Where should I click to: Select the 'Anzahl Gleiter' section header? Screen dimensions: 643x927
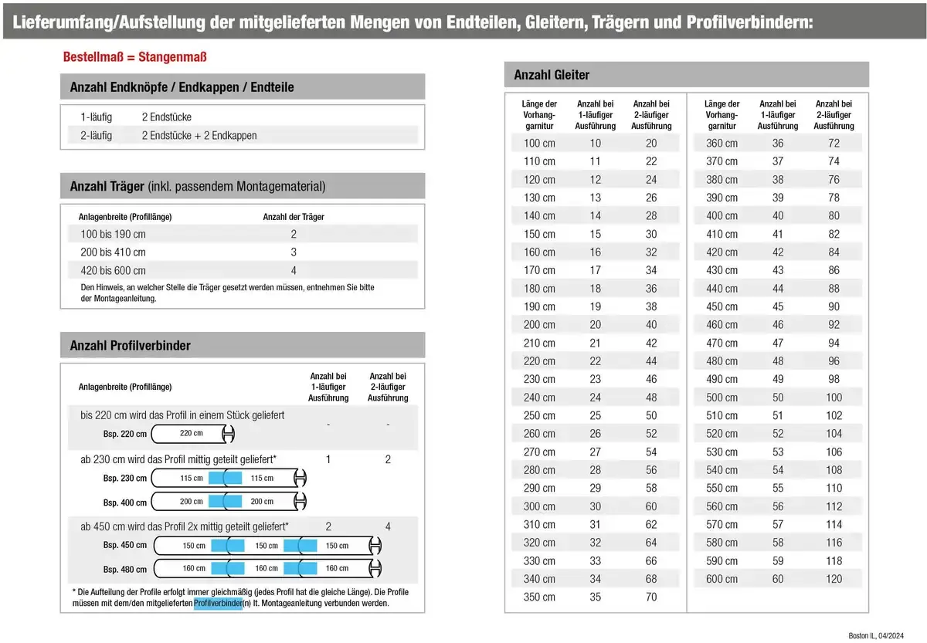pos(552,75)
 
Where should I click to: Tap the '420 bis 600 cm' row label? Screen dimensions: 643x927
pos(113,270)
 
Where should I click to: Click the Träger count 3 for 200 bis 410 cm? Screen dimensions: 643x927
pos(294,252)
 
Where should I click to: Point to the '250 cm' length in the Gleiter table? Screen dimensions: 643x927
pos(539,415)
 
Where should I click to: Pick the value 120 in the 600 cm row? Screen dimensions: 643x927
pos(834,579)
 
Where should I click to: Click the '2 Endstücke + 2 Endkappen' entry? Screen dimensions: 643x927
pos(199,135)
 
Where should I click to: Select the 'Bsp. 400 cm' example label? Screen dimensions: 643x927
pos(125,503)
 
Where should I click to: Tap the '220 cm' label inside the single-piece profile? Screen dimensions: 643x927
pos(191,433)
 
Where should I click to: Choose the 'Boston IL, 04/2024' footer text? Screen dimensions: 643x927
pos(875,636)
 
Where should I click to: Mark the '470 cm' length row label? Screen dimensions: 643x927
pos(722,343)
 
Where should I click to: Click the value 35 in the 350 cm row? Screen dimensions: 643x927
pos(595,597)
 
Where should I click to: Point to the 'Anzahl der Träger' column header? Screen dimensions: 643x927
pos(294,217)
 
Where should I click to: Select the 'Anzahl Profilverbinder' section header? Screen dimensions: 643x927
pos(131,346)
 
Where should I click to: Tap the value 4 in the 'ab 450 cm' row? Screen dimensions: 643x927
pos(388,527)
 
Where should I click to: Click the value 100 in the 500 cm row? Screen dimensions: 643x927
pos(834,398)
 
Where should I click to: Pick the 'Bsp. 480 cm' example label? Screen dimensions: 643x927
pos(125,570)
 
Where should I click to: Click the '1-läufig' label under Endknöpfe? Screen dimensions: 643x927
pos(97,117)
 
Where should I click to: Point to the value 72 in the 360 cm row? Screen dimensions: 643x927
pos(834,143)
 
